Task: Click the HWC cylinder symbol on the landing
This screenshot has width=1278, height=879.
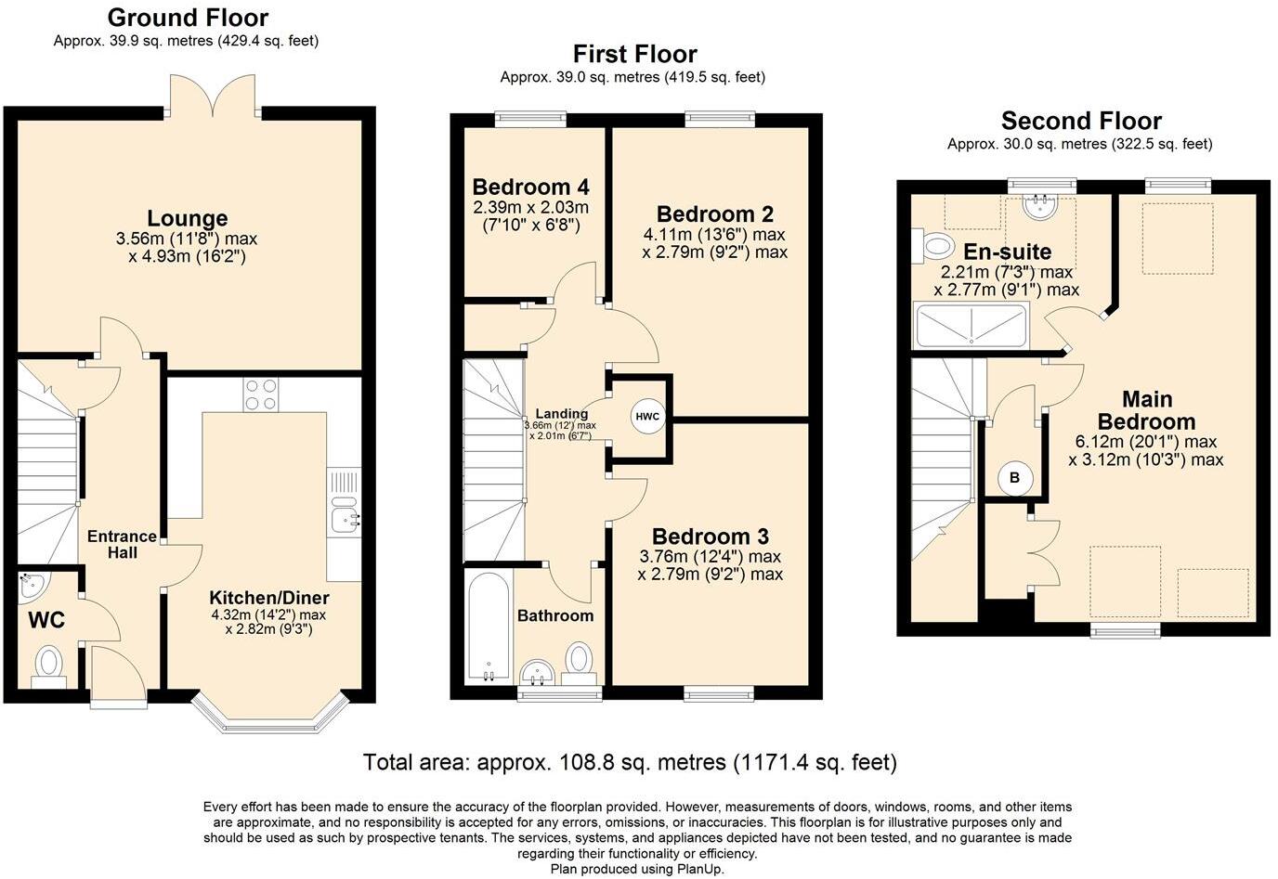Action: tap(647, 417)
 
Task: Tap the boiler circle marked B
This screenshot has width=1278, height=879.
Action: tap(1014, 478)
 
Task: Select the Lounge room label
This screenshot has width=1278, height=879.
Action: tap(188, 218)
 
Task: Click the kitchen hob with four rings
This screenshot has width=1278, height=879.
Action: tap(261, 395)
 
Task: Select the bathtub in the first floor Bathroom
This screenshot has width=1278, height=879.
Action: tap(488, 627)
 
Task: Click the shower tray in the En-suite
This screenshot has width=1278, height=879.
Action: tap(971, 325)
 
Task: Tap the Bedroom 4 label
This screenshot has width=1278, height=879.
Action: tap(530, 187)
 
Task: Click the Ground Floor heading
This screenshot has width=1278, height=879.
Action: tap(188, 18)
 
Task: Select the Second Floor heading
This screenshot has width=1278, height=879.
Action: tap(1081, 121)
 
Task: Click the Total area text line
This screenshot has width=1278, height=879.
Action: tap(630, 763)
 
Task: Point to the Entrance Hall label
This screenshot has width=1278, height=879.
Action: tap(122, 544)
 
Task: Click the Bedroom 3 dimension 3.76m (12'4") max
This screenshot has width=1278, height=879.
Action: tap(710, 556)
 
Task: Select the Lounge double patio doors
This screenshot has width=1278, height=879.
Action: tap(216, 96)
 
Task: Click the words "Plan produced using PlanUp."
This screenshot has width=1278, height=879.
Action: tap(637, 869)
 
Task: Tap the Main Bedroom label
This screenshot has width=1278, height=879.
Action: tap(1146, 409)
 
